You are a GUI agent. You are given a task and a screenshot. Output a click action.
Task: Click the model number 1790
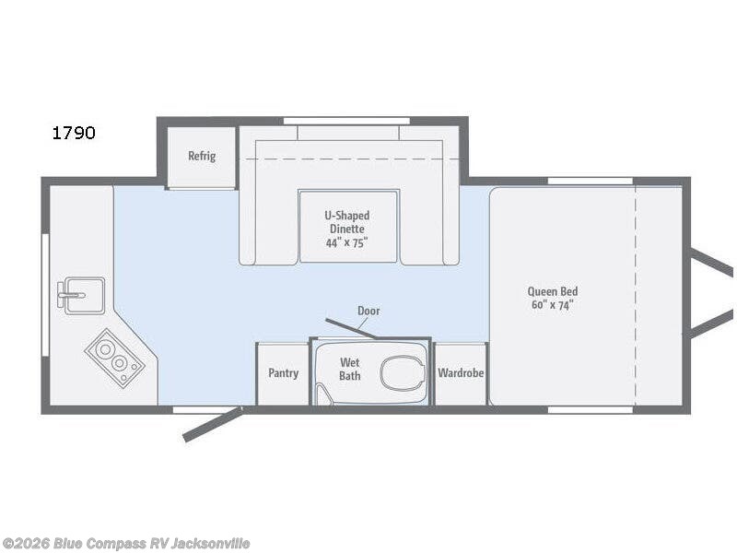pos(74,133)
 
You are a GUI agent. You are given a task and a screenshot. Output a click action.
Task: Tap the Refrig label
pos(202,156)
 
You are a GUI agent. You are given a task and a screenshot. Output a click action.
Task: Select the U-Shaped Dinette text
pos(347,222)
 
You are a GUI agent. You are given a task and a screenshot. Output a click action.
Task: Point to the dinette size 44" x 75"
pos(346,242)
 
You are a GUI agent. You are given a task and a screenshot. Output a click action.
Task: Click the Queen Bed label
pos(552,291)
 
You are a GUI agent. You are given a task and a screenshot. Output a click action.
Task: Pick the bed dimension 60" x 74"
pos(552,305)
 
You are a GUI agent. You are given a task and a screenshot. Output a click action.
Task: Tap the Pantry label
pos(283,373)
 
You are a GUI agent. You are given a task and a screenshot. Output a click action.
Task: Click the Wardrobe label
pos(461,373)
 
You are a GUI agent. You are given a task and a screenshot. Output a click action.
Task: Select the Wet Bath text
pos(350,370)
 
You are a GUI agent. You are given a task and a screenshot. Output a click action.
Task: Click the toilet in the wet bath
pos(403,373)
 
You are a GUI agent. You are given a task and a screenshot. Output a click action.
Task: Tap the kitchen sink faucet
pos(71,295)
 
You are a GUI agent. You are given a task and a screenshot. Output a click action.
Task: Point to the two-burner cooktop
pos(114,358)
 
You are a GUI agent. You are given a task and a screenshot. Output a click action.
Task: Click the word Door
pos(368,311)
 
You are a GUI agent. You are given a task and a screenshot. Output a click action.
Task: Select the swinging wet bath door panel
pos(350,328)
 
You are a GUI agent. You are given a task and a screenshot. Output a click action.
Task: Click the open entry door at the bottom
pos(213,425)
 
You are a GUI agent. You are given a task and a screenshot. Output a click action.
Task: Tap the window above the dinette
pos(346,122)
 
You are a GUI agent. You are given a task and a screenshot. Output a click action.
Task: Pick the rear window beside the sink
pos(45,295)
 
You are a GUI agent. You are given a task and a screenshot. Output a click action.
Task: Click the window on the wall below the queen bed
pos(591,410)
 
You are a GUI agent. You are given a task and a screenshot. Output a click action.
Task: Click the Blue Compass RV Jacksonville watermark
pos(125,544)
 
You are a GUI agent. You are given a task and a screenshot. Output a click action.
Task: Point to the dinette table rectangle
pos(348,226)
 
